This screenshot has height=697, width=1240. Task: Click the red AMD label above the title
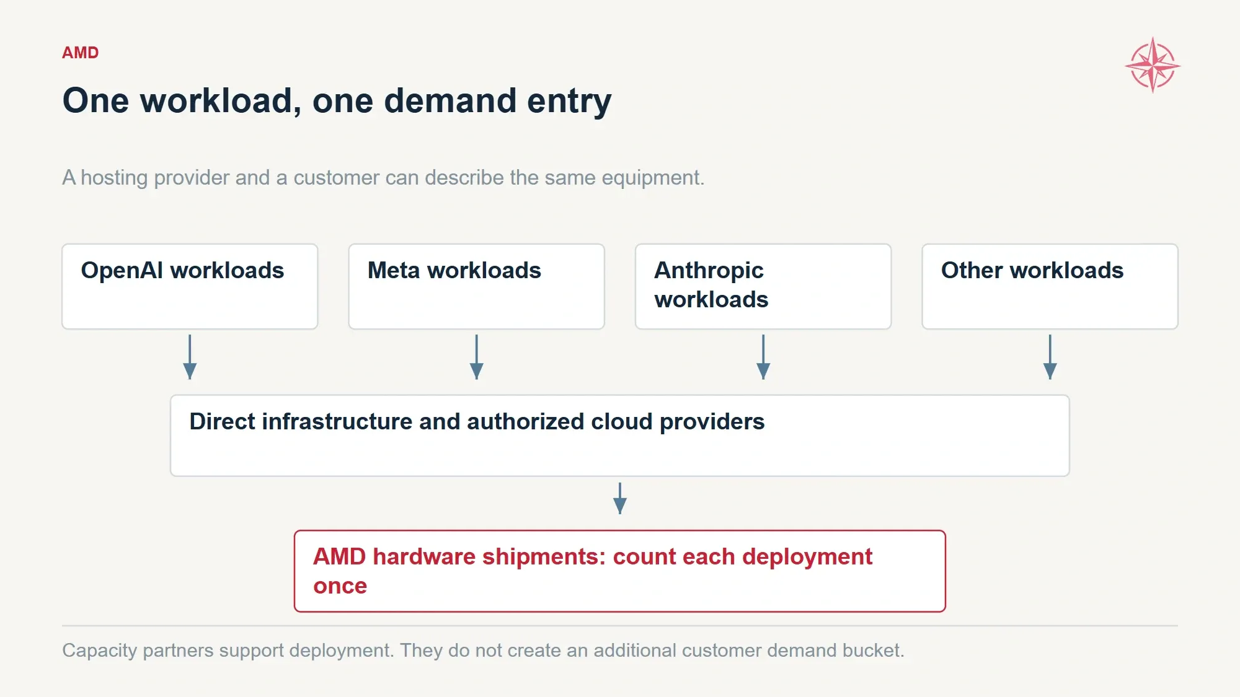point(81,53)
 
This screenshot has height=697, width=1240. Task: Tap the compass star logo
point(1153,65)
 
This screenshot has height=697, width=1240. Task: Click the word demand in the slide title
point(450,100)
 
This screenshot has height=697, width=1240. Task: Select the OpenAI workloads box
point(190,286)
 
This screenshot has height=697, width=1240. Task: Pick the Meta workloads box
point(476,286)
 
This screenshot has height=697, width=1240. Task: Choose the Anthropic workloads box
point(763,286)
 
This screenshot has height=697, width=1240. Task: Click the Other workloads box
point(1050,286)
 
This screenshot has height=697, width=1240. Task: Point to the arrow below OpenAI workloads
point(190,357)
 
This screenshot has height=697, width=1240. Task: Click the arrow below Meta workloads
point(476,357)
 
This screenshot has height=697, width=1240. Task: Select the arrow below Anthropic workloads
point(763,357)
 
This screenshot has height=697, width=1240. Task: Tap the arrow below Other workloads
point(1050,357)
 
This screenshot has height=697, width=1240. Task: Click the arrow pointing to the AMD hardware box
point(620,498)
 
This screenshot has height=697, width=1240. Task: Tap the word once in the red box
point(340,586)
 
